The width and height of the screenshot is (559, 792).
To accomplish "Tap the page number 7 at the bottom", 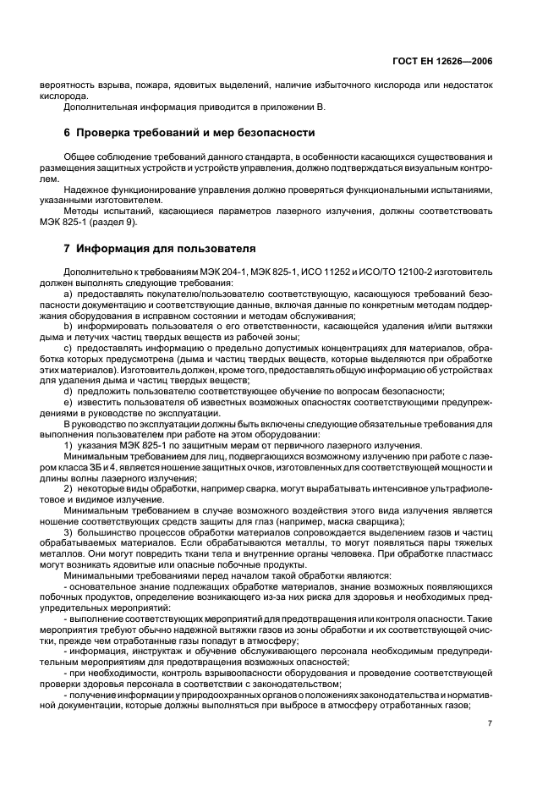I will pos(490,723).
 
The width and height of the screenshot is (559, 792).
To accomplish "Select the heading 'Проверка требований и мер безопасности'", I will pos(189,133).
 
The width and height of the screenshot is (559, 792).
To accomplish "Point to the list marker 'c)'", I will pos(69,347).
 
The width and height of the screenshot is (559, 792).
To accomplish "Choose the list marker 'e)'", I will pos(69,404).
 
